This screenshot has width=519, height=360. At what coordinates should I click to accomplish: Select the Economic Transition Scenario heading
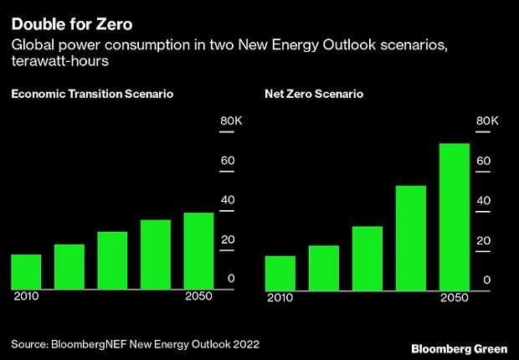pos(92,95)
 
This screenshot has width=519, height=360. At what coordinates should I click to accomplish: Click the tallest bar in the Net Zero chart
pos(454,216)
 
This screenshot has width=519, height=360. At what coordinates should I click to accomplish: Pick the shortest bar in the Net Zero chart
pos(280,272)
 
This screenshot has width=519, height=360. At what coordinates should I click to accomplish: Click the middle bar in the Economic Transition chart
pos(112,260)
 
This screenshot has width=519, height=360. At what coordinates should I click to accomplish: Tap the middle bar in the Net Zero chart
pos(367,258)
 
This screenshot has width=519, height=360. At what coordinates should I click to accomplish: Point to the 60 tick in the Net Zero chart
pos(483,161)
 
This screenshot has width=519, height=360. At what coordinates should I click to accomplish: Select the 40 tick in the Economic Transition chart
pos(227,200)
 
